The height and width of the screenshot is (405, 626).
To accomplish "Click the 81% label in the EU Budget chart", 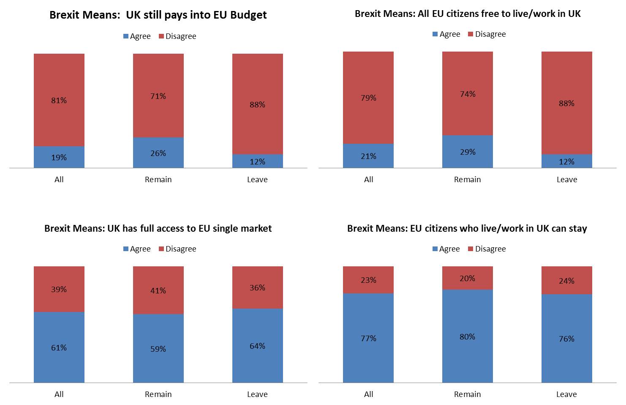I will tap(59, 101).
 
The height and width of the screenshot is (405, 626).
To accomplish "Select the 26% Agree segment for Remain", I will tap(158, 153).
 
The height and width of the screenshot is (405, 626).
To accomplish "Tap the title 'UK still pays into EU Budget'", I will tap(158, 15).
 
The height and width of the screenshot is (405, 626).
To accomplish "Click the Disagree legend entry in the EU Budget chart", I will tap(177, 36).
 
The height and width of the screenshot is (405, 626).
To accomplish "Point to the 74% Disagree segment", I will tap(467, 94).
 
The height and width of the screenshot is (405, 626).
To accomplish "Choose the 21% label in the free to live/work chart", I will tap(368, 156).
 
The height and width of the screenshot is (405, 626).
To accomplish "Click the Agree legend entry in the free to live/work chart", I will tap(446, 34).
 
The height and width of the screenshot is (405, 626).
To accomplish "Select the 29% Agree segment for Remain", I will tap(467, 152).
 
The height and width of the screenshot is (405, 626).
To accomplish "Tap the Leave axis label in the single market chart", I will tap(257, 394).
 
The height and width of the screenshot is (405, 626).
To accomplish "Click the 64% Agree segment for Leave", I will tap(257, 346).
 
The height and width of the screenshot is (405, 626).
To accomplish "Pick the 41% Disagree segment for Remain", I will tap(158, 290).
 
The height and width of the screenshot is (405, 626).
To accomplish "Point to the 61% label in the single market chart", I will tap(59, 348).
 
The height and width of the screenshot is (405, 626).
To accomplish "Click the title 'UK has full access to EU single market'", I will tap(158, 229).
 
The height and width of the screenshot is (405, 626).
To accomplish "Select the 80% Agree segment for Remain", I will tap(467, 337).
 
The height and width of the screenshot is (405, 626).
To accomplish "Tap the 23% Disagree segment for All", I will tap(368, 280).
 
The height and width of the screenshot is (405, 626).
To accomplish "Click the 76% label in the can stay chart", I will tap(566, 339).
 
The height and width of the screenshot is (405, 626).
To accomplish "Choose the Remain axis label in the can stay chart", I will tap(467, 394).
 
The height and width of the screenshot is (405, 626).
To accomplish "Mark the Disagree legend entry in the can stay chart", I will tap(487, 249).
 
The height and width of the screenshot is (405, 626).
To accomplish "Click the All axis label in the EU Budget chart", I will tap(59, 180).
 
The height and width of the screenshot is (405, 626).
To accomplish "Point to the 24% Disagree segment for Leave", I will tap(566, 281).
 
